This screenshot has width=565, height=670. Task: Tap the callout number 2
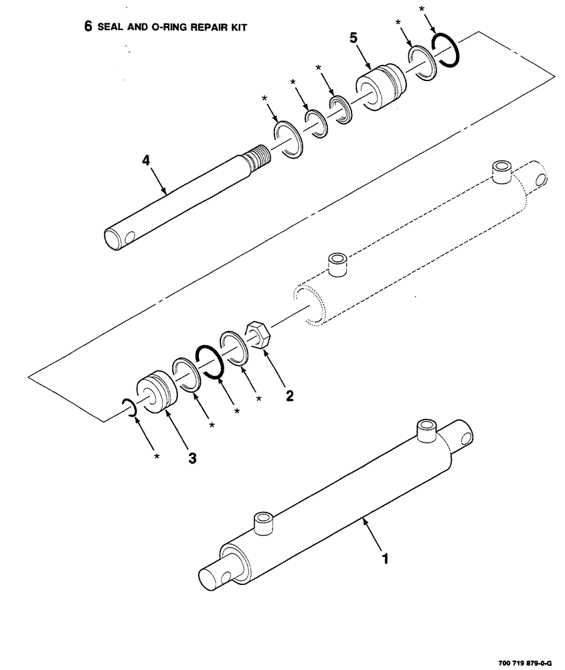point(289,395)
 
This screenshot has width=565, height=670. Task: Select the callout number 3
point(192,458)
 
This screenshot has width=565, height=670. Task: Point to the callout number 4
point(145,161)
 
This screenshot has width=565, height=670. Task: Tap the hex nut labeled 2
point(258,334)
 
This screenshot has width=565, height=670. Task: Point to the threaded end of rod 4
point(257,163)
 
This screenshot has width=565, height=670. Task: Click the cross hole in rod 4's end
point(129,235)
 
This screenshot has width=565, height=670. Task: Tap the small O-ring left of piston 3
point(129,407)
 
